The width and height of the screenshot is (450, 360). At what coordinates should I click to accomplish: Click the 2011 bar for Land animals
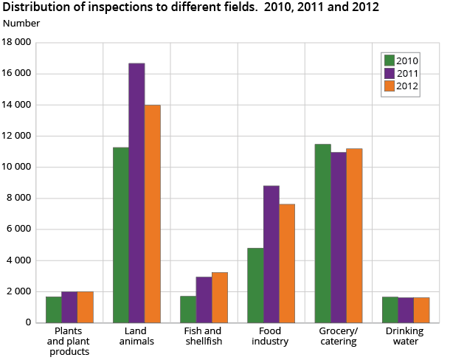tap(136, 193)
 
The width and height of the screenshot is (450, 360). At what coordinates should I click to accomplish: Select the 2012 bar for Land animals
tap(152, 213)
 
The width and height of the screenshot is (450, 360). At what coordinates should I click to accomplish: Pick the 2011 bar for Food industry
tap(271, 254)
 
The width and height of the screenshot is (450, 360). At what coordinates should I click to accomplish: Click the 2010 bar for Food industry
tap(255, 285)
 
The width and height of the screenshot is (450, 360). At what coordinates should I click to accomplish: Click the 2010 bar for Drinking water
tap(390, 309)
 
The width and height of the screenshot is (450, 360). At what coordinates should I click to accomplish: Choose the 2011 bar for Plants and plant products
tap(69, 307)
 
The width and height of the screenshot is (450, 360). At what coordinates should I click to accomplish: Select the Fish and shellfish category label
tap(204, 336)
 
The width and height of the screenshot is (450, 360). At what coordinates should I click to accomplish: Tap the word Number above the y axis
tap(21, 24)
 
